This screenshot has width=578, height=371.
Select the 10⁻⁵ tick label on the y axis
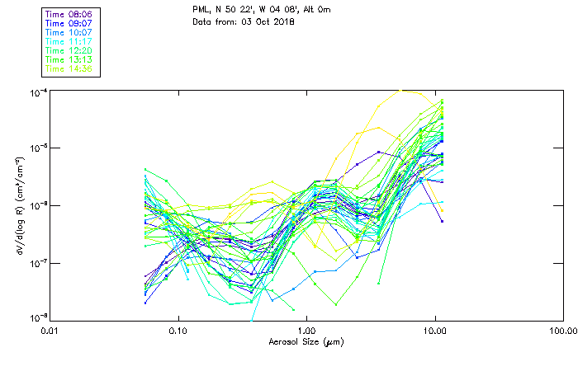point(36,148)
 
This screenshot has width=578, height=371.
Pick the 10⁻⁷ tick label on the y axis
point(36,263)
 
